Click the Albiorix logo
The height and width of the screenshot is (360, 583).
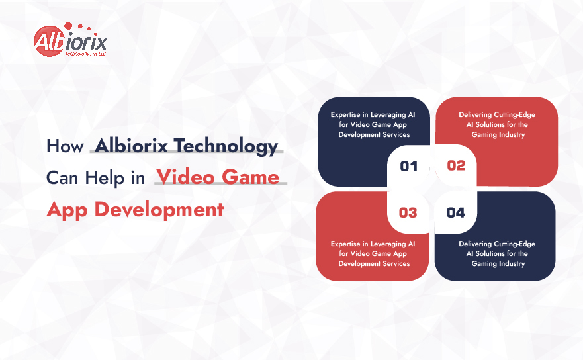click(70, 40)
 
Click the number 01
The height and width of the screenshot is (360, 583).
click(408, 166)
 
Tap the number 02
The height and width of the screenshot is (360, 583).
click(456, 165)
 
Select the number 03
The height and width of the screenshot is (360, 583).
click(408, 212)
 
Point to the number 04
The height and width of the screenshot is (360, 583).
click(456, 212)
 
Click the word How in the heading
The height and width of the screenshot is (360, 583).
click(65, 146)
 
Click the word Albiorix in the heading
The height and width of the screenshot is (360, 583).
click(131, 146)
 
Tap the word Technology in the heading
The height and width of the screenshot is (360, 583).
click(226, 146)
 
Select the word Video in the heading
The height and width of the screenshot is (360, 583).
click(185, 177)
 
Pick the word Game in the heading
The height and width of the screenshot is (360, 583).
click(250, 177)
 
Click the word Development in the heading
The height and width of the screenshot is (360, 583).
click(159, 210)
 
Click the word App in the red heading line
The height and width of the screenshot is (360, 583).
click(67, 210)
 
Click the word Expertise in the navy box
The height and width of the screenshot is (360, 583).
click(346, 115)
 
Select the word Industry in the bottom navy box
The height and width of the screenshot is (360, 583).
click(512, 263)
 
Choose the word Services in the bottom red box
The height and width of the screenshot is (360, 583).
click(396, 263)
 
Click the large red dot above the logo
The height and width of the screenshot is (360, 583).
click(68, 26)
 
